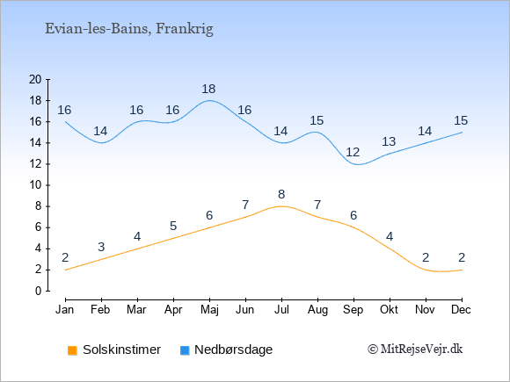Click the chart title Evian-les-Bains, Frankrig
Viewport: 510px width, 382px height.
pyautogui.click(x=129, y=29)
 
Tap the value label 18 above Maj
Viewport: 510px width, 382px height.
pyautogui.click(x=208, y=89)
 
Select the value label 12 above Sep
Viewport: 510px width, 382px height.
pyautogui.click(x=353, y=152)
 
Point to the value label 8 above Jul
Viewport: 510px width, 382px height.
pyautogui.click(x=281, y=195)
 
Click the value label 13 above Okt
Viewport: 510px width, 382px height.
pyautogui.click(x=389, y=141)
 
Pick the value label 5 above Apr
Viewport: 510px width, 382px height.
pyautogui.click(x=173, y=226)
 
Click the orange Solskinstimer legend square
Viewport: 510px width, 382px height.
pyautogui.click(x=72, y=350)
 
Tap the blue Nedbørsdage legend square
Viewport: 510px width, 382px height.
pyautogui.click(x=185, y=350)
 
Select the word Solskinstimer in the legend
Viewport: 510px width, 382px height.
pyautogui.click(x=121, y=350)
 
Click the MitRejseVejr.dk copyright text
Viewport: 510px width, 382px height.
pyautogui.click(x=415, y=350)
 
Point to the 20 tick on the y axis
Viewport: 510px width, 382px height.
pyautogui.click(x=35, y=79)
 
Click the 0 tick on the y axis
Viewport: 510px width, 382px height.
pyautogui.click(x=39, y=291)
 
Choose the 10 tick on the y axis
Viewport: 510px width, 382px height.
pyautogui.click(x=35, y=185)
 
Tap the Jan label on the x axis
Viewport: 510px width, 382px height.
pyautogui.click(x=65, y=310)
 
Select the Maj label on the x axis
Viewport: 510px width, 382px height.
pyautogui.click(x=209, y=310)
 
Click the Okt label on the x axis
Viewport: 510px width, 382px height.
pyautogui.click(x=389, y=310)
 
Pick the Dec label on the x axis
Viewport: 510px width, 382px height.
pyautogui.click(x=462, y=310)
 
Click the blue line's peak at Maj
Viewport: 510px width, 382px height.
pyautogui.click(x=209, y=100)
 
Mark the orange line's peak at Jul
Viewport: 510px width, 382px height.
pyautogui.click(x=281, y=206)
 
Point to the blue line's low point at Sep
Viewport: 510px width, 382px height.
pyautogui.click(x=358, y=164)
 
